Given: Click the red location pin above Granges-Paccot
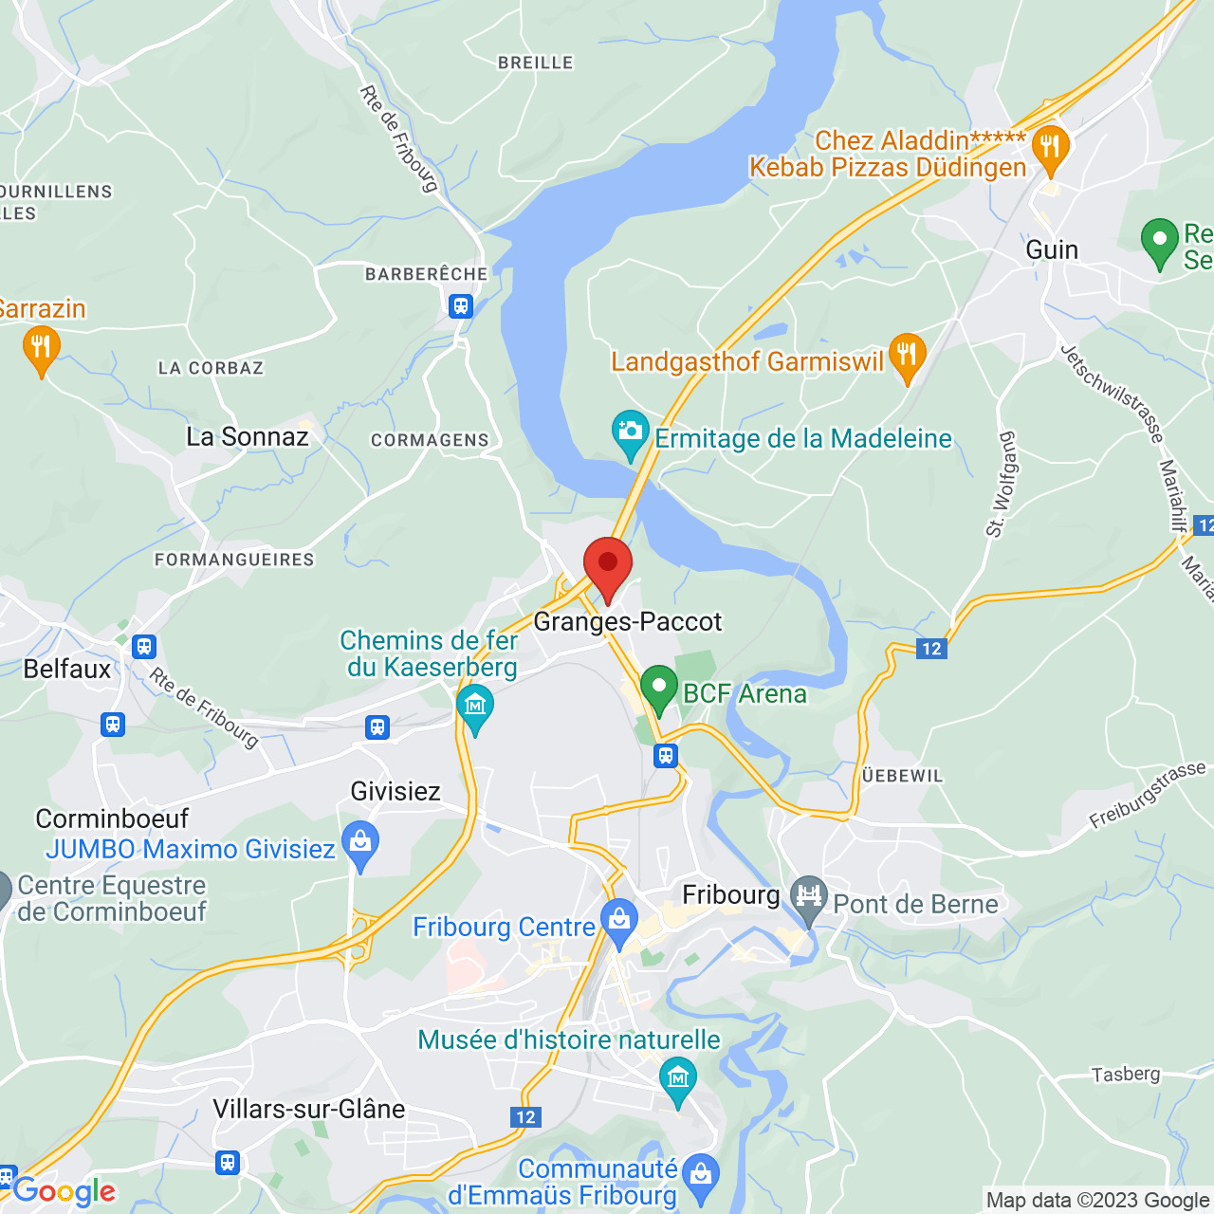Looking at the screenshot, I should point(608,565).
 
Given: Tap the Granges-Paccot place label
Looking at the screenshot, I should point(628,622).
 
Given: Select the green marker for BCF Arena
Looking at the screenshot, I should point(658,688).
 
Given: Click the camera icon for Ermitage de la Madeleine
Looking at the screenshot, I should point(631,432).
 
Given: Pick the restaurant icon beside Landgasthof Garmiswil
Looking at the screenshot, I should point(907,356).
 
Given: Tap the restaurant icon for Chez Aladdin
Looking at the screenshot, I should point(1050,148).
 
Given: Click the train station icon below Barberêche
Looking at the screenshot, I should point(461,306).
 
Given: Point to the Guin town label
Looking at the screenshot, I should point(1052,249).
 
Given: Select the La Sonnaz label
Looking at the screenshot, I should point(248,437).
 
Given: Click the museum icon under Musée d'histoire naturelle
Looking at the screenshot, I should point(677,1079).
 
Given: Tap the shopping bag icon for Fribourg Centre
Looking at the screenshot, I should point(619,920).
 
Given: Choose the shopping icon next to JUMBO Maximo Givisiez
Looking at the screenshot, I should point(360,843).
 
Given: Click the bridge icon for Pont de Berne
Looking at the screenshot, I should point(809,896).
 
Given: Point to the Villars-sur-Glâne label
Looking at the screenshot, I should point(309,1109).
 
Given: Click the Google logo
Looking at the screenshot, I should point(64,1191).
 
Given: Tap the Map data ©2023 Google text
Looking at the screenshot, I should point(1097,1201).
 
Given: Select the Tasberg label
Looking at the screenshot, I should point(1126,1075).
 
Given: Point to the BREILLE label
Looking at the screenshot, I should point(536,63).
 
